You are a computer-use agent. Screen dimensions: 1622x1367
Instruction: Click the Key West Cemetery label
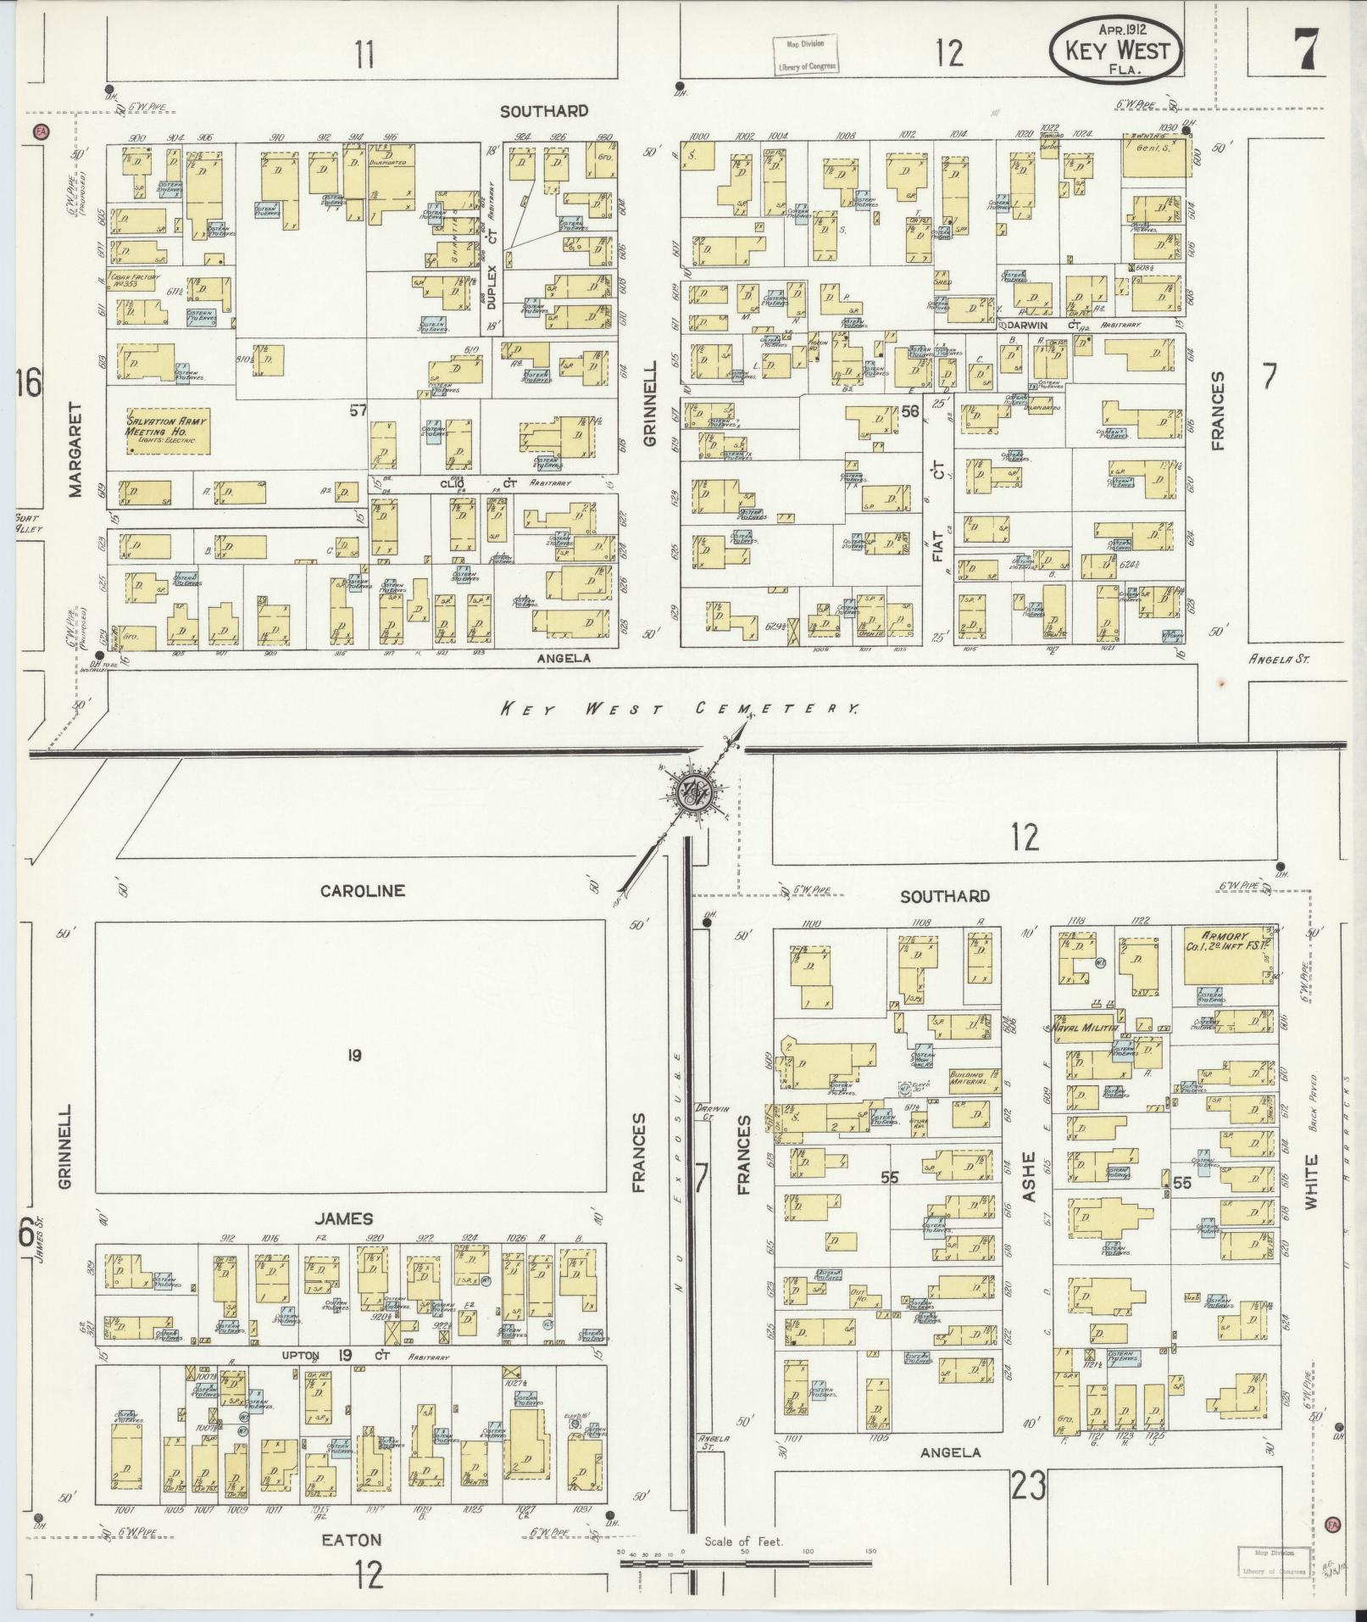(x=678, y=709)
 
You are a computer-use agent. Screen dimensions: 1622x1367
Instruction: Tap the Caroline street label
(x=363, y=890)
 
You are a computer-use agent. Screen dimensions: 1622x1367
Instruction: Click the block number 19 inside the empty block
(x=354, y=1056)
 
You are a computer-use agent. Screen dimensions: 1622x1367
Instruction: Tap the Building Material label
(x=967, y=1078)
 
